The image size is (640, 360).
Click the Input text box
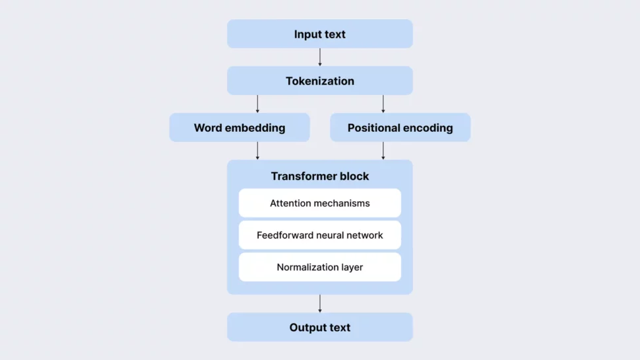[320, 34]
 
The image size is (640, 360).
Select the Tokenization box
[320, 81]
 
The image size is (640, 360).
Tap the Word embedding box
[240, 128]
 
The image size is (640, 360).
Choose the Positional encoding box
[400, 128]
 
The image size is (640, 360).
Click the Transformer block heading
[320, 176]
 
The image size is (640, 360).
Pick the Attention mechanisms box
[320, 203]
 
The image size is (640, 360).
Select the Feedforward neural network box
[320, 235]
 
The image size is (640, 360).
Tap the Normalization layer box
[320, 267]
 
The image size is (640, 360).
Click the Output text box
[320, 328]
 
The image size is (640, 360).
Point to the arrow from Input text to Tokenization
[320, 57]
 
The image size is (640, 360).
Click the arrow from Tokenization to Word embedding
[257, 104]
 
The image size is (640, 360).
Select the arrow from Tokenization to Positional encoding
[383, 104]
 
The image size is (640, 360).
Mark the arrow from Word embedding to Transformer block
[257, 150]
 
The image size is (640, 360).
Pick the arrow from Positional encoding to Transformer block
[383, 150]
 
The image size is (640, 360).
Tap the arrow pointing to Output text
[320, 303]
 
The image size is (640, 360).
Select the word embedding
[256, 128]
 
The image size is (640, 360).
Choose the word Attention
[291, 203]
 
